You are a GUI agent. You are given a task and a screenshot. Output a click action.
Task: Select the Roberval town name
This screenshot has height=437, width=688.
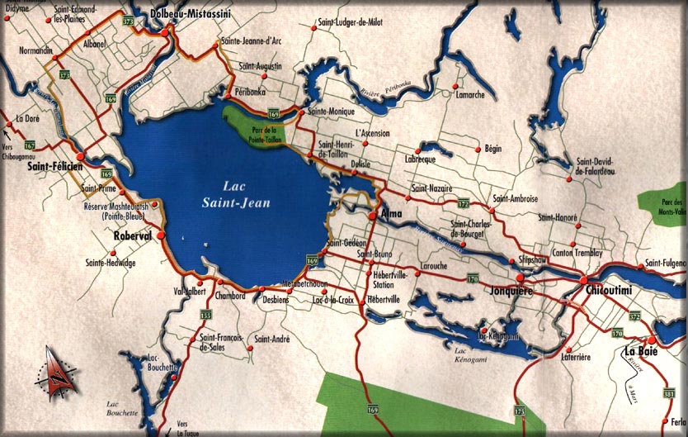click(134, 235)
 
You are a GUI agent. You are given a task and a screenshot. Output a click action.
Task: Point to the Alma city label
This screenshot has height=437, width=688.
click(392, 214)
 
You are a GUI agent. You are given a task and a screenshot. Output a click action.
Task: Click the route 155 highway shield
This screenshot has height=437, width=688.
click(205, 315)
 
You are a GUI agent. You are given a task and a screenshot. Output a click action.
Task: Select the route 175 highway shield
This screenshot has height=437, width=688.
click(519, 411)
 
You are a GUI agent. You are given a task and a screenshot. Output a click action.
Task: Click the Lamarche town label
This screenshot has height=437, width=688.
click(470, 95)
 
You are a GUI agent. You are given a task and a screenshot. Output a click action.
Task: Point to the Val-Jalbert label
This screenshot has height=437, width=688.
click(189, 290)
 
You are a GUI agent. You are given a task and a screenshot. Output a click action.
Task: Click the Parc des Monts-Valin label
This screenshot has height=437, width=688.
click(672, 207)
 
